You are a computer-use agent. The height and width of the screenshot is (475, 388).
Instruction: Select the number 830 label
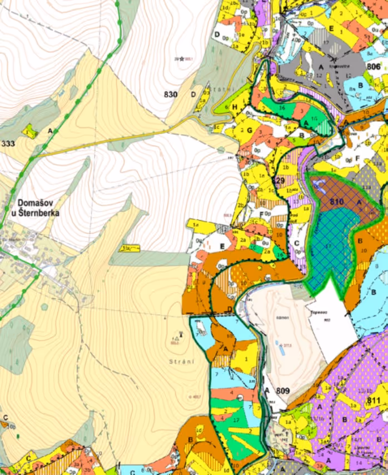click(170, 95)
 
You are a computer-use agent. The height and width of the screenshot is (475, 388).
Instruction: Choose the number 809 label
click(283, 391)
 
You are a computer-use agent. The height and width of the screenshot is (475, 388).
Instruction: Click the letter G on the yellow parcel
click(250, 130)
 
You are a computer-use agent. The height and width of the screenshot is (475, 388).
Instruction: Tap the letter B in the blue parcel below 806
click(361, 85)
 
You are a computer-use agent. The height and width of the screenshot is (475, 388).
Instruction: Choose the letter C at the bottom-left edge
click(5, 417)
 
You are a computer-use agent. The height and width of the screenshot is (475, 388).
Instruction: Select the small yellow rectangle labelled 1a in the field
click(130, 248)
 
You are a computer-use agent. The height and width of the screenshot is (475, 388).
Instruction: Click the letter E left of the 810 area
click(222, 245)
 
